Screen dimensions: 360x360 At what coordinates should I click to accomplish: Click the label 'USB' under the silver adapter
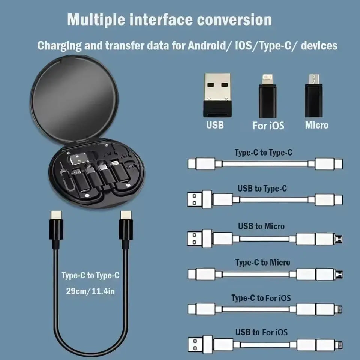(x=215, y=125)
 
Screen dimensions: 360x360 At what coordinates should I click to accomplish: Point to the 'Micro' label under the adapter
(x=316, y=125)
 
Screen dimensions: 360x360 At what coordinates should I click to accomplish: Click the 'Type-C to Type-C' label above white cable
(x=263, y=153)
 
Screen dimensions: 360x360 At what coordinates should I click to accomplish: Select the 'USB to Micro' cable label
(x=261, y=226)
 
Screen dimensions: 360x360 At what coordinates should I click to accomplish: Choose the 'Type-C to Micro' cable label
(x=262, y=262)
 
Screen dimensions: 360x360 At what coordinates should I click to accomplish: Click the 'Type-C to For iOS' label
(x=261, y=298)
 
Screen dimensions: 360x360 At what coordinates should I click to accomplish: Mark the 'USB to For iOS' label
(x=261, y=332)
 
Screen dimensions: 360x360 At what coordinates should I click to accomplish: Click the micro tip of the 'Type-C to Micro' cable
(x=340, y=274)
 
